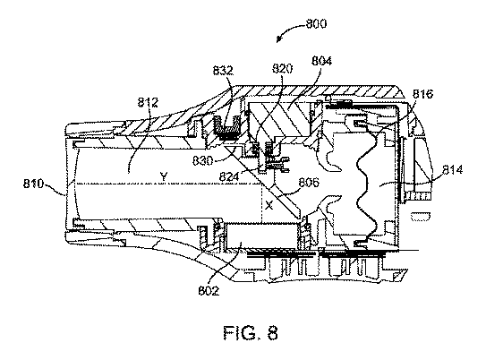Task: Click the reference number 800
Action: point(316,24)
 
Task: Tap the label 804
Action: point(321,61)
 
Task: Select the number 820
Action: point(282,69)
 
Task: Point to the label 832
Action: point(223,71)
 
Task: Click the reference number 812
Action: point(148,102)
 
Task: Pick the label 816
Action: point(422,94)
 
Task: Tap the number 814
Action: point(452,170)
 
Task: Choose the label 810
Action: point(34,184)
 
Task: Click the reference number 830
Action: point(202,160)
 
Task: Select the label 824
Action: point(229,176)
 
